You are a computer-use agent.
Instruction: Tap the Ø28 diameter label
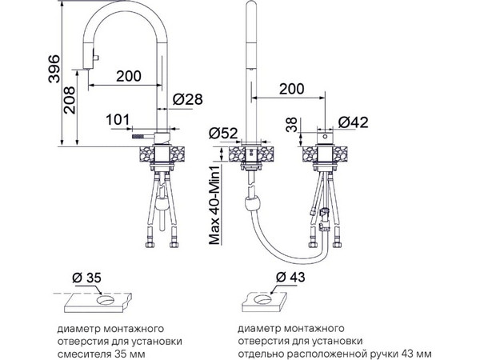click(x=186, y=98)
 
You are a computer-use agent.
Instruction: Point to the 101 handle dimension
click(x=117, y=120)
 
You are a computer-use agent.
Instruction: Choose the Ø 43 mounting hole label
click(x=290, y=277)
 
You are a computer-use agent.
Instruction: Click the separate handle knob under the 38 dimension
click(x=326, y=138)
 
